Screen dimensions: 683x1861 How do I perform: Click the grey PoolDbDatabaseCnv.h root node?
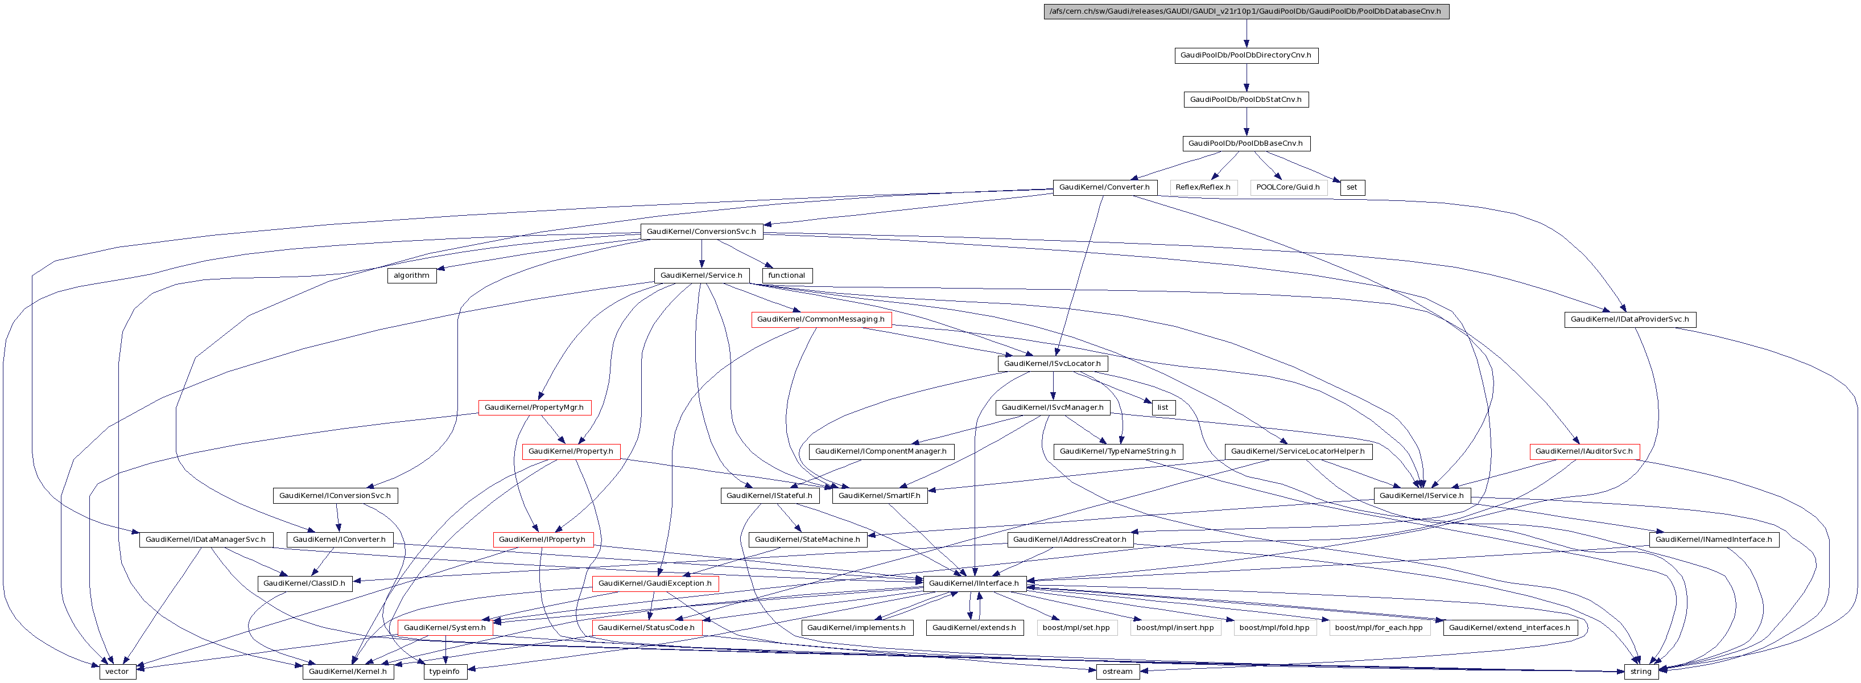tap(1246, 11)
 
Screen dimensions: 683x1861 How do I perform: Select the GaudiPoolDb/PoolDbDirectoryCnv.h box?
tap(1245, 56)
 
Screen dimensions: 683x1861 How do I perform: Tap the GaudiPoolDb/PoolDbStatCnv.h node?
tap(1245, 100)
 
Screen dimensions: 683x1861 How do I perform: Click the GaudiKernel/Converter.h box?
tap(1104, 187)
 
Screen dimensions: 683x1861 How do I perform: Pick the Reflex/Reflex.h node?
tap(1203, 187)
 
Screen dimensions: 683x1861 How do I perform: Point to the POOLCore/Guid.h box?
tap(1288, 187)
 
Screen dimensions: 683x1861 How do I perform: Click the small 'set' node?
tap(1352, 187)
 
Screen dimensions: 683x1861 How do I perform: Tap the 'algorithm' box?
tap(412, 275)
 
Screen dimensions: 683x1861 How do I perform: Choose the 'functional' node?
tap(787, 275)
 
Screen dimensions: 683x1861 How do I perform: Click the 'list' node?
tap(1162, 408)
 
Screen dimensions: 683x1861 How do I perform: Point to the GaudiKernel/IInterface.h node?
tap(974, 583)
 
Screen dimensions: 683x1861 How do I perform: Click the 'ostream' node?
tap(1117, 672)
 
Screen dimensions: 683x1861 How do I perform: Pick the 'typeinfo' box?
tap(444, 672)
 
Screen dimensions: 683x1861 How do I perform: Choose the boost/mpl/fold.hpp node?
tap(1274, 627)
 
